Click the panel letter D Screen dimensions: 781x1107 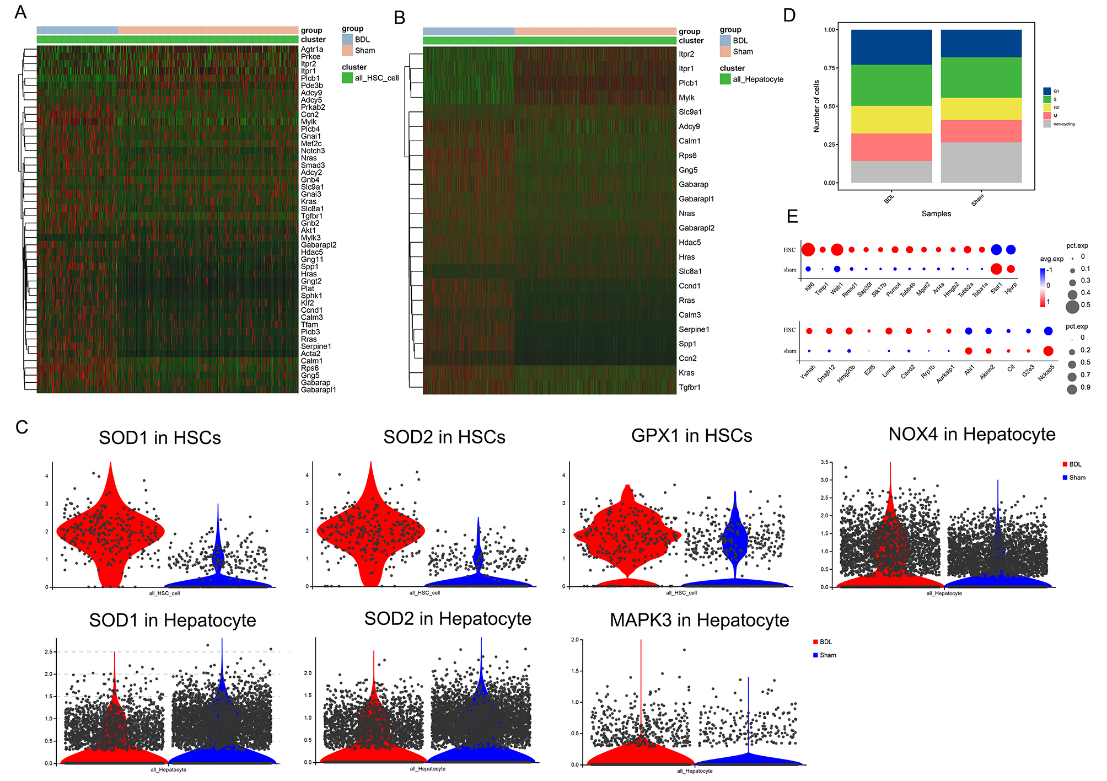tap(789, 15)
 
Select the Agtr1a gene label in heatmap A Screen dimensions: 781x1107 tap(312, 50)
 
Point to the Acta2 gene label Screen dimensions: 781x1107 tap(310, 354)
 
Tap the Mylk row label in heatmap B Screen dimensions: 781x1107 tap(686, 98)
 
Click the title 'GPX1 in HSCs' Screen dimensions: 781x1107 tap(691, 436)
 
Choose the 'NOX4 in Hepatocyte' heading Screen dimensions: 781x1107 tap(971, 435)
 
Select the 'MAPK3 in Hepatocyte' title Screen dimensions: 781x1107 tap(699, 620)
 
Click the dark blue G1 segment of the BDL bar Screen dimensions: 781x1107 tap(891, 47)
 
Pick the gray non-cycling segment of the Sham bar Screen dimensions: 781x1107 tap(981, 163)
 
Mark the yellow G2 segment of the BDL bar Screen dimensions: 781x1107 tap(891, 120)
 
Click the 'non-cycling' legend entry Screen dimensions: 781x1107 tap(1063, 124)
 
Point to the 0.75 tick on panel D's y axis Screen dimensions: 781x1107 tap(830, 68)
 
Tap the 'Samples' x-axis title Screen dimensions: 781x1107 tap(936, 213)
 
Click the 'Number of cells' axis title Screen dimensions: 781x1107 tap(816, 106)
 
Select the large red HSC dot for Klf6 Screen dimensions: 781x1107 tap(808, 250)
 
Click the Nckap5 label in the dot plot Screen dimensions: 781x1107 tap(1046, 373)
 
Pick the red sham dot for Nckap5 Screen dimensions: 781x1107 tap(1048, 351)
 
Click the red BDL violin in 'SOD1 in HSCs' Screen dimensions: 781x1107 tap(110, 529)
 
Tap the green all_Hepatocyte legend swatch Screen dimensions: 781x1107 tap(725, 79)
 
